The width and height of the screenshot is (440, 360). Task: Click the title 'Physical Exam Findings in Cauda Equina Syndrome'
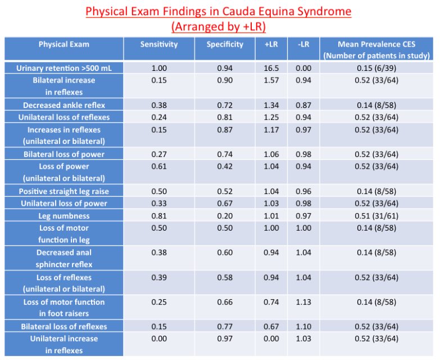tap(219, 11)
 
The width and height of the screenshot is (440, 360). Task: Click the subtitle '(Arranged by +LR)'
tap(219, 26)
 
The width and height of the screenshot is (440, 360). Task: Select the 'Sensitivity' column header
tap(159, 44)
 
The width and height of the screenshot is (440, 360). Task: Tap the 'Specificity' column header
tap(225, 44)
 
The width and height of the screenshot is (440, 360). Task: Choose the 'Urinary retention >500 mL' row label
tap(63, 68)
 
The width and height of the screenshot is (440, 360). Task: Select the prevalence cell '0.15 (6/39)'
tap(376, 68)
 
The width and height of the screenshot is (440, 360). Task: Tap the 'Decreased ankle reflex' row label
tap(63, 105)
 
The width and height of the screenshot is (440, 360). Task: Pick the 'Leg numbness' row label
tap(63, 216)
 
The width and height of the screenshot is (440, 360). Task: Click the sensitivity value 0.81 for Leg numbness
tap(159, 216)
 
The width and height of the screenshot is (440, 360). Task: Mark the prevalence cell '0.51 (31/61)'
tap(376, 216)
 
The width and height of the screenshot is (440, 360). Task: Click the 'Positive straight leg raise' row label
tap(63, 191)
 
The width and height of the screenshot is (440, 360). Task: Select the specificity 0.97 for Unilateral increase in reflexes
tap(225, 339)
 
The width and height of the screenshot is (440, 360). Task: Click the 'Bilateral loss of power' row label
tap(63, 154)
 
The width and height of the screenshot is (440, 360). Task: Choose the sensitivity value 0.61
tap(159, 166)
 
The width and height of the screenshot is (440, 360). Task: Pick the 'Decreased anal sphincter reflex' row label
tap(63, 258)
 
